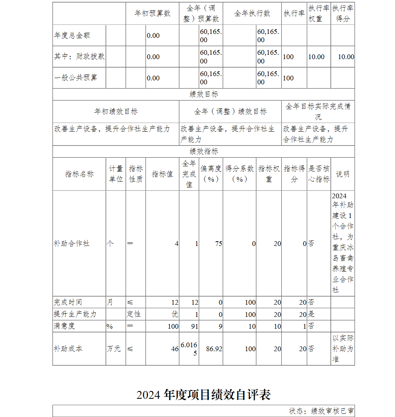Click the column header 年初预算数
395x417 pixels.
click(152, 13)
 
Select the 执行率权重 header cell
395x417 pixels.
click(319, 13)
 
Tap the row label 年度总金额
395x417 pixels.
click(72, 35)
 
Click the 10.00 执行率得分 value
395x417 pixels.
click(346, 57)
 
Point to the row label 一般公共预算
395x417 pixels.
click(75, 78)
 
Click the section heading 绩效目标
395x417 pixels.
click(203, 95)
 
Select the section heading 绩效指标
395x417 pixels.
click(203, 152)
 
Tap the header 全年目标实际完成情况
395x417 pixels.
click(318, 112)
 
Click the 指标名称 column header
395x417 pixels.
click(79, 174)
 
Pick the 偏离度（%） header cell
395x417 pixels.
click(211, 174)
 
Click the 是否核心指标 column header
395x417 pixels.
click(319, 174)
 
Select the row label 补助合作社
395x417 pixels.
click(71, 244)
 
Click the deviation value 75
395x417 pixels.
click(218, 244)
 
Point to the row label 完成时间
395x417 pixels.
click(68, 302)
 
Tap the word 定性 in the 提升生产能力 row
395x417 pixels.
click(134, 314)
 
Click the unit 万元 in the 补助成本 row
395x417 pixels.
click(114, 349)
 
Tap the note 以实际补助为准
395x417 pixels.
click(342, 349)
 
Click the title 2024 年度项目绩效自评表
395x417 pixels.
click(203, 395)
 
